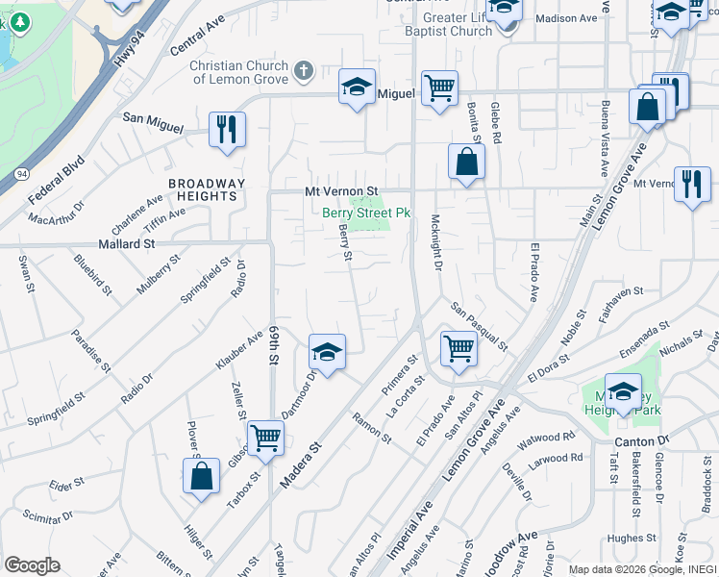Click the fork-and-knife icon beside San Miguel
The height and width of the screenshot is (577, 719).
[x=227, y=129]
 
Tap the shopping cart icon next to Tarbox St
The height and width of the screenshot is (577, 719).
[x=265, y=438]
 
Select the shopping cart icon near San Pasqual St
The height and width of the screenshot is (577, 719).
[x=459, y=348]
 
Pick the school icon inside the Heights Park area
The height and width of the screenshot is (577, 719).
[x=623, y=391]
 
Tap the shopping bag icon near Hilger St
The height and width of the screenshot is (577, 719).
[x=201, y=476]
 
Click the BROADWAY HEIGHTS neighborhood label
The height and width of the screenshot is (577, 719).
[x=208, y=189]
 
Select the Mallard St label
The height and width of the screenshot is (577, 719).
[x=122, y=244]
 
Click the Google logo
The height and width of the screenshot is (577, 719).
[x=31, y=565]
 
